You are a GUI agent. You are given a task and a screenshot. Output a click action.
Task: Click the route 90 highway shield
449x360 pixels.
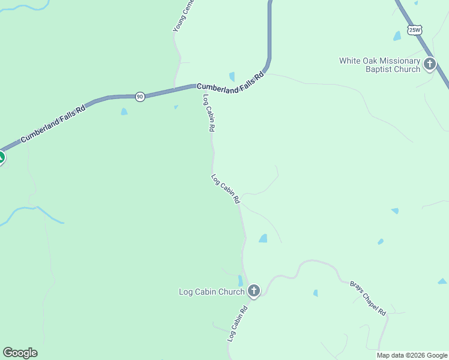[139, 96]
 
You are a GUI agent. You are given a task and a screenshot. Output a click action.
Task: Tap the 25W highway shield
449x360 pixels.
[415, 29]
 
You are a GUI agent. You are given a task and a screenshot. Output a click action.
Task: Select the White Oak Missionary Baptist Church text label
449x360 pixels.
[379, 65]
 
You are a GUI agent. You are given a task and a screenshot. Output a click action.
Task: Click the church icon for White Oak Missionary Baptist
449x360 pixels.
[429, 64]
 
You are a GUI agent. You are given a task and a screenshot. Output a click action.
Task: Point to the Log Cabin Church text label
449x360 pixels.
[211, 292]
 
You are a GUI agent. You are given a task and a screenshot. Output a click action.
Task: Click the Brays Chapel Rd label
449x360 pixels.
[367, 298]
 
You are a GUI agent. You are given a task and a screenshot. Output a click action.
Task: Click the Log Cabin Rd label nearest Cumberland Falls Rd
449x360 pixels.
[209, 113]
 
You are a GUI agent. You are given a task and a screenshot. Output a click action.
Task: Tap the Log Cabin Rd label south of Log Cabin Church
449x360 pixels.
[238, 325]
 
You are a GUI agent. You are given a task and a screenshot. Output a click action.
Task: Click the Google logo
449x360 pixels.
[20, 353]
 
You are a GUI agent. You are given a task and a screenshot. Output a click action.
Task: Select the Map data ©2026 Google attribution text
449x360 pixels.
[412, 355]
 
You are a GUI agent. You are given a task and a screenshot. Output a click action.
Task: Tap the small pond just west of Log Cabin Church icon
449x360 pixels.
[240, 280]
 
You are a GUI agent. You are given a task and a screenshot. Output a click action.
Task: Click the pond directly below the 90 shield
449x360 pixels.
[124, 112]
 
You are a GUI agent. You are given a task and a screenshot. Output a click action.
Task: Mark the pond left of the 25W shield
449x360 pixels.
[397, 36]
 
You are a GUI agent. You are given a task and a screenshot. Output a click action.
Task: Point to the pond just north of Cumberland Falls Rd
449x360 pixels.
[232, 77]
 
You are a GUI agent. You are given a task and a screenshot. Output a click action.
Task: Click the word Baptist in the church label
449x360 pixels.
[381, 69]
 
